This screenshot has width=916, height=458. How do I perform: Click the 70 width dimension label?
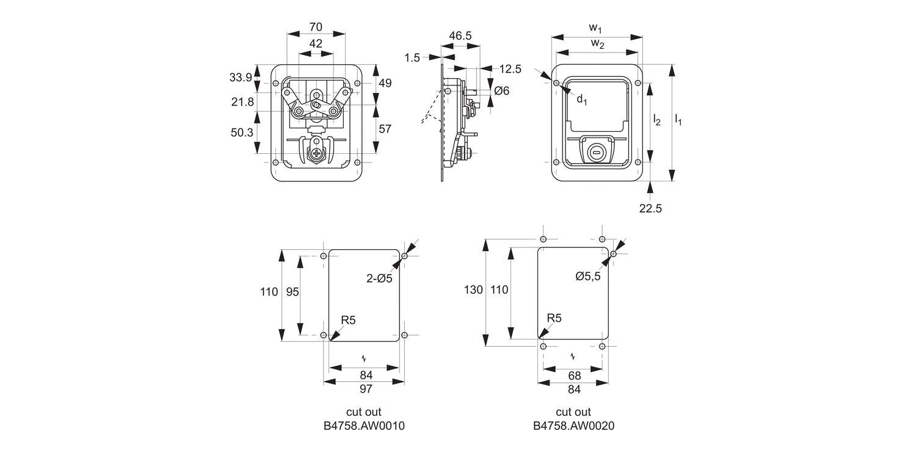click(316, 27)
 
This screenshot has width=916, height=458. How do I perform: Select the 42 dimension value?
click(316, 43)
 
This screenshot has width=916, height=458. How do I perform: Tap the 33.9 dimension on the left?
click(241, 78)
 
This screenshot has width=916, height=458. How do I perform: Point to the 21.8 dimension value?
click(242, 102)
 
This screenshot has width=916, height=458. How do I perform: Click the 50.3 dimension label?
click(241, 133)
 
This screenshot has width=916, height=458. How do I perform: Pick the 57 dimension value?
click(385, 129)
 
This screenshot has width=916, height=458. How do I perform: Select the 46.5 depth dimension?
click(460, 36)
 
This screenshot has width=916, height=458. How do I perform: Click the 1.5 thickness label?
click(412, 57)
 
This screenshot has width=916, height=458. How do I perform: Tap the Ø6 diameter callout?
click(501, 91)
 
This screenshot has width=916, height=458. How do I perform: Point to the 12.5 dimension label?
click(510, 69)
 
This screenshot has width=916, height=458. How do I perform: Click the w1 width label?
click(596, 27)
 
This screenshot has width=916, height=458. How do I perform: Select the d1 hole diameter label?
click(582, 100)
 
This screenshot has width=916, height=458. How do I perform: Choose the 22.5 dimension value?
click(650, 208)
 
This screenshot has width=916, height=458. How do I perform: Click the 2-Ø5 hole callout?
click(379, 278)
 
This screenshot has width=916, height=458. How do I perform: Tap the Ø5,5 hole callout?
click(587, 276)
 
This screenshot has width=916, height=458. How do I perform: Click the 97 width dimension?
click(365, 388)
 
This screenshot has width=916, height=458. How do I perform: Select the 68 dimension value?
click(574, 376)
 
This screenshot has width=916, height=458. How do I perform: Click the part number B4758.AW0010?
click(364, 426)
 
